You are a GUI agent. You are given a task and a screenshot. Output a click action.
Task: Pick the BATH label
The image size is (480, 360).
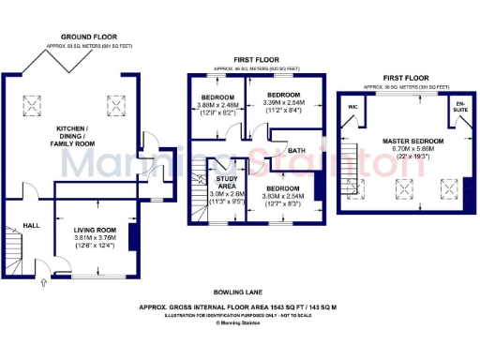click(295, 150)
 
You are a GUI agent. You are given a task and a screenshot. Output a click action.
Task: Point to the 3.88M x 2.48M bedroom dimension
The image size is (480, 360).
click(218, 105)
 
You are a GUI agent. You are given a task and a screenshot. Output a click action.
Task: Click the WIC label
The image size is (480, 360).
click(352, 107)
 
